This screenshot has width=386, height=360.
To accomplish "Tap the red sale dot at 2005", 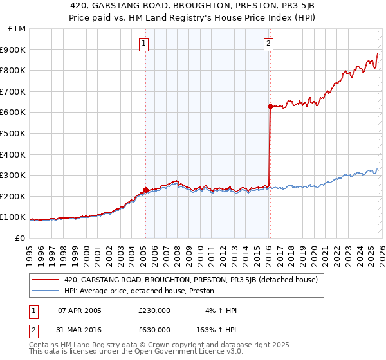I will [x=146, y=190].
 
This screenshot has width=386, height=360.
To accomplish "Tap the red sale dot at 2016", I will [x=270, y=106].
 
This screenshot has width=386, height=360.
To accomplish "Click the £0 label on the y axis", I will [x=19, y=238].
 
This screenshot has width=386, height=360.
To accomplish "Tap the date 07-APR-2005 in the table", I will [x=80, y=311].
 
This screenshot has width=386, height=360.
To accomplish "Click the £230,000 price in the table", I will [x=154, y=311].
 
